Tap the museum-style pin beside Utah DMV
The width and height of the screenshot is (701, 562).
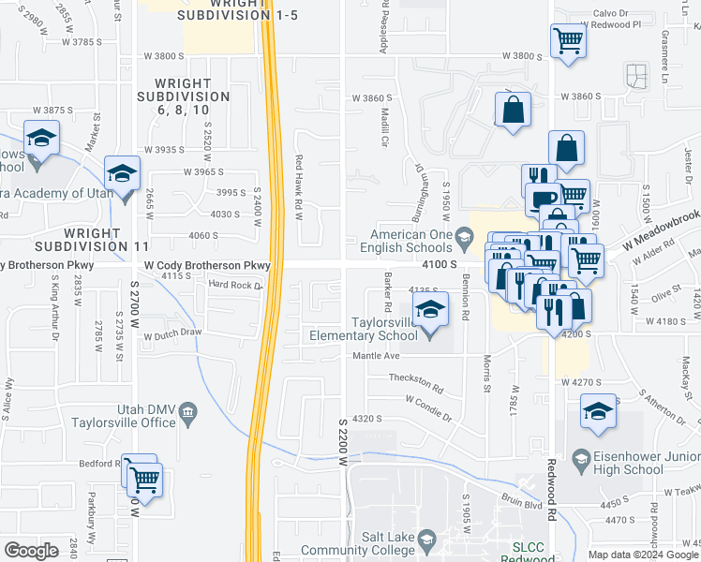point(188,411)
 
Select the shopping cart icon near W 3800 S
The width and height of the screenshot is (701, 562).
point(568,41)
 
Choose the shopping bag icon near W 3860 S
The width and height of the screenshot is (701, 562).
point(513,111)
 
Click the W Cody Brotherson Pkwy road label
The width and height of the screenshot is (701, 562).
point(206,266)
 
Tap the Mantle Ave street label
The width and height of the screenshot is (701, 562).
point(376,356)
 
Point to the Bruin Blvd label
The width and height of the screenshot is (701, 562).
point(527,503)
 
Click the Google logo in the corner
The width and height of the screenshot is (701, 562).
point(32,551)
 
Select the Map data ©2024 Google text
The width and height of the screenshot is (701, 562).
point(642,555)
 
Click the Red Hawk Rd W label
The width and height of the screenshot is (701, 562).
point(299,187)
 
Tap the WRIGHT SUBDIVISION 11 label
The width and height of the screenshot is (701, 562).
point(79,239)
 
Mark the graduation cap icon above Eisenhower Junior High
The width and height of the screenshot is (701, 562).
point(598,411)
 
